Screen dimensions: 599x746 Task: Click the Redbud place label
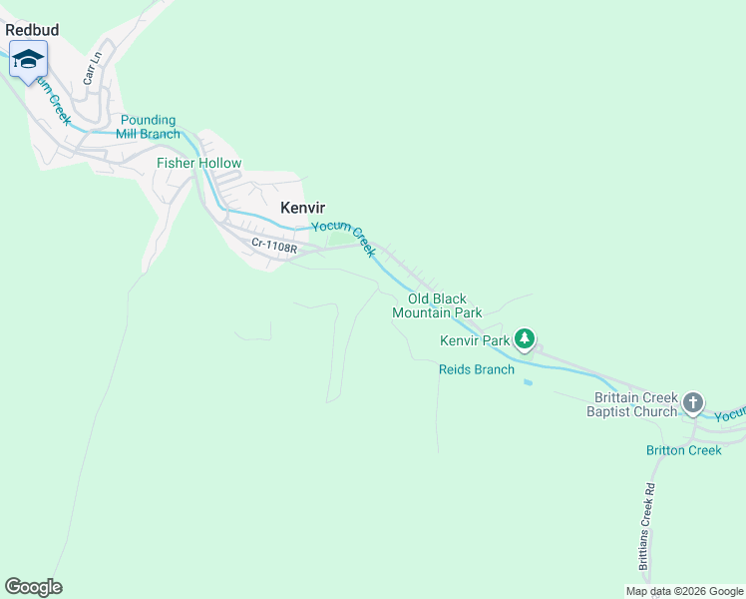[x=32, y=30]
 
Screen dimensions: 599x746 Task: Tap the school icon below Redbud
[x=28, y=60]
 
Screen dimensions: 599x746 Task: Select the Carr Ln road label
[x=93, y=66]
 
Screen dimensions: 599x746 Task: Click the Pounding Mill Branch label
[x=149, y=127]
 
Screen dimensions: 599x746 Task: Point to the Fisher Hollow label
[x=198, y=163]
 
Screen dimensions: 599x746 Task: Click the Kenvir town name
[x=303, y=208]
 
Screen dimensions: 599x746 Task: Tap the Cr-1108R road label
[x=274, y=243]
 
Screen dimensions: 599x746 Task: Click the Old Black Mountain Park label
[x=437, y=305]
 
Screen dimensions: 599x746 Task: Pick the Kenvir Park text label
[x=475, y=340]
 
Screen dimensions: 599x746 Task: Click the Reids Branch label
[x=477, y=369]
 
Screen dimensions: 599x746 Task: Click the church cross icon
[x=693, y=403]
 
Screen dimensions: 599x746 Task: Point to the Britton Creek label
[x=683, y=450]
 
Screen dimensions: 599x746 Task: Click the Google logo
[x=33, y=587]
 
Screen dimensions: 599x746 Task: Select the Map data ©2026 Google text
[x=684, y=591]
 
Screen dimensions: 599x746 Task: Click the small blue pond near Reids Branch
[x=527, y=381]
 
